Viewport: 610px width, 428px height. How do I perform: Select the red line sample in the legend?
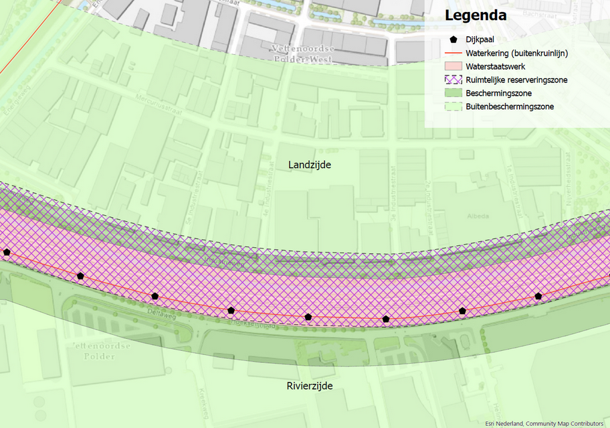(453, 52)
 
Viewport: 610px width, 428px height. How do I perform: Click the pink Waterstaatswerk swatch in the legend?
(453, 66)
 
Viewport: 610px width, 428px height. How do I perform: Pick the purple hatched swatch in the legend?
(453, 80)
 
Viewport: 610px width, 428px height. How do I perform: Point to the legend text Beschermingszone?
(499, 93)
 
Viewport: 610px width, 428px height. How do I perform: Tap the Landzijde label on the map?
(310, 165)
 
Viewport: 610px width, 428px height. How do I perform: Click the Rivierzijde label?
(310, 386)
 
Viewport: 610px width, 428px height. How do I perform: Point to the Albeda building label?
(478, 216)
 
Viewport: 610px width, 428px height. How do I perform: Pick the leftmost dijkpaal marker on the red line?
(7, 253)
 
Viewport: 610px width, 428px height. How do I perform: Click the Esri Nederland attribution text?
(544, 423)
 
